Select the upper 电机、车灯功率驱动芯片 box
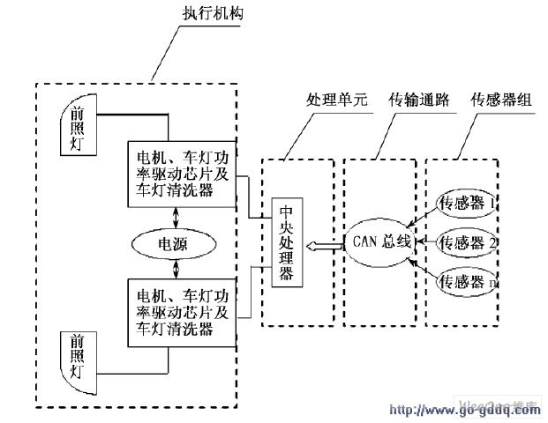[x=182, y=174]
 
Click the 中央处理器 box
[x=286, y=242]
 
